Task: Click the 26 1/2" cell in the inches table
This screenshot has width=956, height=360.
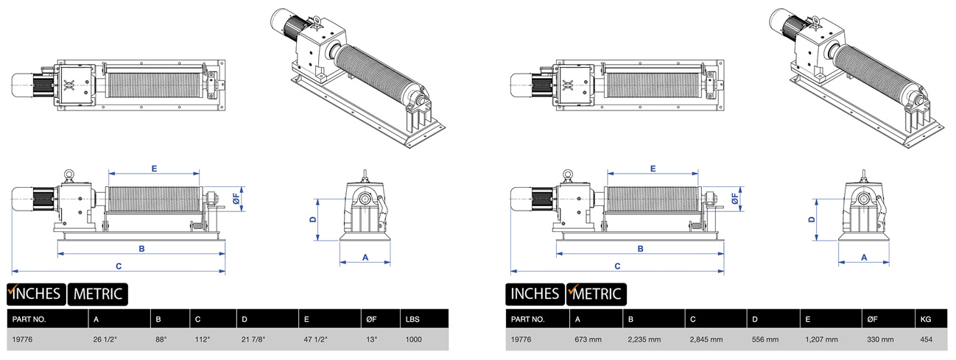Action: (106, 340)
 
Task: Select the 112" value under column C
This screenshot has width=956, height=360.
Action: (203, 340)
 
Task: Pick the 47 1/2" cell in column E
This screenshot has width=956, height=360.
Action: (314, 340)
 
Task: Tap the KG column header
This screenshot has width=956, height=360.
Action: (924, 320)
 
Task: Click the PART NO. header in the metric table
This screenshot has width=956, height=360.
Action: (529, 320)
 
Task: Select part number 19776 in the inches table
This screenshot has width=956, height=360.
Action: (24, 340)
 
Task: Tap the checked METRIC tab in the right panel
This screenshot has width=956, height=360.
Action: (597, 294)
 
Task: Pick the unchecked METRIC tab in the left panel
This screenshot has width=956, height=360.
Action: (98, 294)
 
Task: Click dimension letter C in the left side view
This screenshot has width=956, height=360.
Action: (119, 265)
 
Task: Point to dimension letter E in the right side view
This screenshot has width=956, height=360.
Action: (653, 169)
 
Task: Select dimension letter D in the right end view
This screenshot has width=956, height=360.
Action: (812, 219)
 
